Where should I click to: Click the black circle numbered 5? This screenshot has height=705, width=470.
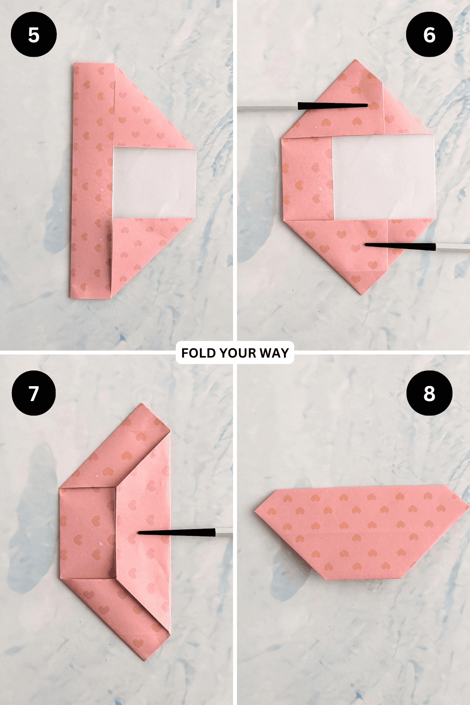click(x=34, y=34)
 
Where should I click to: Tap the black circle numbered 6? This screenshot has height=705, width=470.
click(x=429, y=34)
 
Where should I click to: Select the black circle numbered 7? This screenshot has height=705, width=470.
click(x=34, y=393)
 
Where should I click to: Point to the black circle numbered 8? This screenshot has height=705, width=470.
click(x=429, y=393)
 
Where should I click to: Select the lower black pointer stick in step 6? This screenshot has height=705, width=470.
click(x=399, y=246)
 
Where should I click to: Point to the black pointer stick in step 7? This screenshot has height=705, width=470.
click(x=176, y=532)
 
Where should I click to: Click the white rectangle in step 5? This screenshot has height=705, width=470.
click(x=154, y=183)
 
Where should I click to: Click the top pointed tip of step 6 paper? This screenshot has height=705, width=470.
click(x=356, y=60)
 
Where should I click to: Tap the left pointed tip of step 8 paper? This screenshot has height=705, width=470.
click(x=256, y=510)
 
